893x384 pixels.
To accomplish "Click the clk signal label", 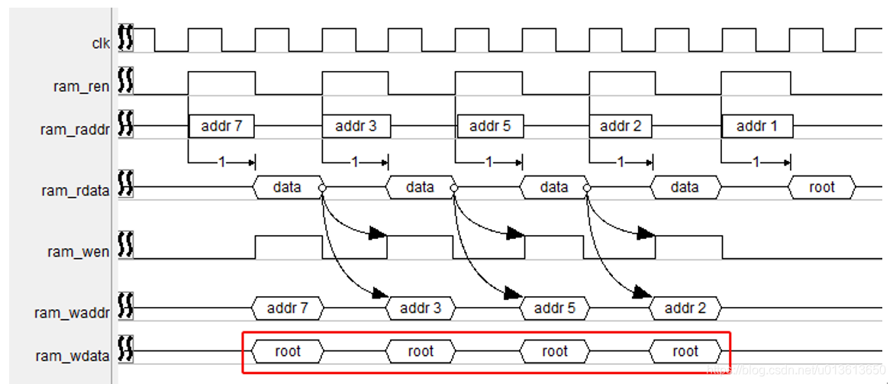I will point(101,44).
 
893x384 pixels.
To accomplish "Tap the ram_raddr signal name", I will point(75,130).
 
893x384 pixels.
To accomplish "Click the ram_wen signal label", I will point(79,251).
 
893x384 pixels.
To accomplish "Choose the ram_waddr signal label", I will point(73,312).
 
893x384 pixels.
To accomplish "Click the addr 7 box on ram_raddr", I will point(221,126).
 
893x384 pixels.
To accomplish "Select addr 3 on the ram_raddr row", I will point(356,126).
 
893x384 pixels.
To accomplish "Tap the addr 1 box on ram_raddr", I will point(756,126).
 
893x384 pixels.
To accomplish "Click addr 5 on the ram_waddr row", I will point(555,308).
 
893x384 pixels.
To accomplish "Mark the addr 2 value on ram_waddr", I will point(685,308).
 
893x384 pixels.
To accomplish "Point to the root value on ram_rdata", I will point(822,187).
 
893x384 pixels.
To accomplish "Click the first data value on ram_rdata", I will point(287,187).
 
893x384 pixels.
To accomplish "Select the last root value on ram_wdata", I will point(685,351).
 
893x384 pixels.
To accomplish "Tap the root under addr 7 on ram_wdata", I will point(288,351).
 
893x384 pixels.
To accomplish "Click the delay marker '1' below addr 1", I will point(756,162).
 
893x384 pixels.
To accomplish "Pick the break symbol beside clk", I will point(126,39).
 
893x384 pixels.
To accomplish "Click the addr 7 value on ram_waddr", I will point(288,308).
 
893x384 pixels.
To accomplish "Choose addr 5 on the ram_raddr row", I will point(490,126).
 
